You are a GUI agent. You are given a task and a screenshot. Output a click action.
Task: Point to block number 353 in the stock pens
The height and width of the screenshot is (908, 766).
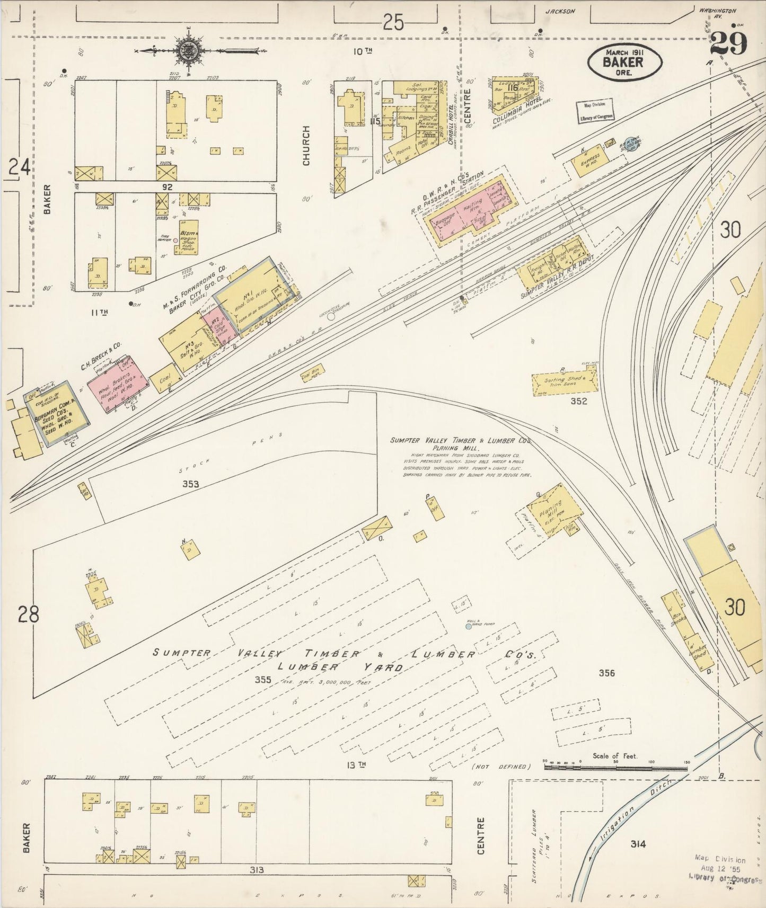coord(190,484)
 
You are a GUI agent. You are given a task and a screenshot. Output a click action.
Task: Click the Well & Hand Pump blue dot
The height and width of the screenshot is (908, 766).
coord(468,627)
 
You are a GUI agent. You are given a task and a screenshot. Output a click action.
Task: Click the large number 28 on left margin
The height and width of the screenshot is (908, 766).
coord(28,615)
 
